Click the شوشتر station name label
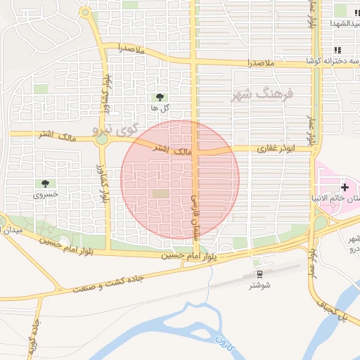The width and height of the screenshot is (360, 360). (x=259, y=285)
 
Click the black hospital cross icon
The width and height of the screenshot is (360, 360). (x=344, y=187)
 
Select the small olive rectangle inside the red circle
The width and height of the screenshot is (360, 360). (x=161, y=193)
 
